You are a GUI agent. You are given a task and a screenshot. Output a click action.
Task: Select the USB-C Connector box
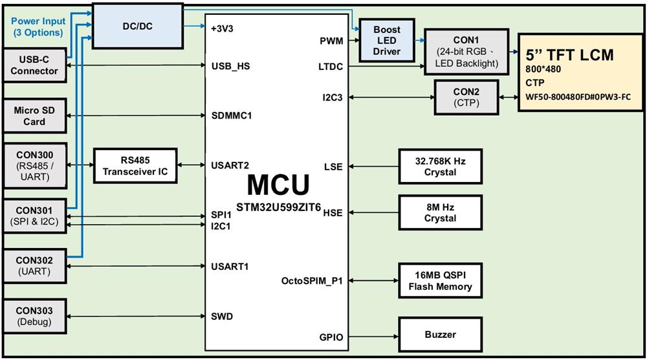pos(34,65)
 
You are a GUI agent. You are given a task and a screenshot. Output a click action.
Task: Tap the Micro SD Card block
pos(34,116)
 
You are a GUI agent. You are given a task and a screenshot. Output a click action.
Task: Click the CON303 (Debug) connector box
pos(34,316)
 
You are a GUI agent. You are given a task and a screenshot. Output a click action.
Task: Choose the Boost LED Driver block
pos(387,40)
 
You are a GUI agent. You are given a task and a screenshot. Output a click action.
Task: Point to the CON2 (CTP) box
pos(466,96)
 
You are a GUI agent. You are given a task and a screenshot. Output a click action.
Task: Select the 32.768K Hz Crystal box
pos(440,166)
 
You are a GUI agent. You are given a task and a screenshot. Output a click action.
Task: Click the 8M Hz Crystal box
pos(440,212)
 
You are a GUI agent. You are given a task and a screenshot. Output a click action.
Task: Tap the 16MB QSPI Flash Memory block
pos(440,280)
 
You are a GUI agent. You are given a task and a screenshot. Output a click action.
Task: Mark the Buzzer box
pos(440,335)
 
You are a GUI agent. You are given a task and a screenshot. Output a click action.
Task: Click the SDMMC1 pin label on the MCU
pos(232,116)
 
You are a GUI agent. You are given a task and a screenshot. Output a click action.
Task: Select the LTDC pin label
pos(331,67)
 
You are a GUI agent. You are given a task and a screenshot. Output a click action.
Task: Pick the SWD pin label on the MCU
pos(222,316)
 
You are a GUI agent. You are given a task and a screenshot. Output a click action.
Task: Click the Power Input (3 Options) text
pos(38,27)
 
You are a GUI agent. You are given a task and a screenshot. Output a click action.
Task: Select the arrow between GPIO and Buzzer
pos(373,335)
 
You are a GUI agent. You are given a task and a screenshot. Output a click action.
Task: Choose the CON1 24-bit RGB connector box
pos(466,51)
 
